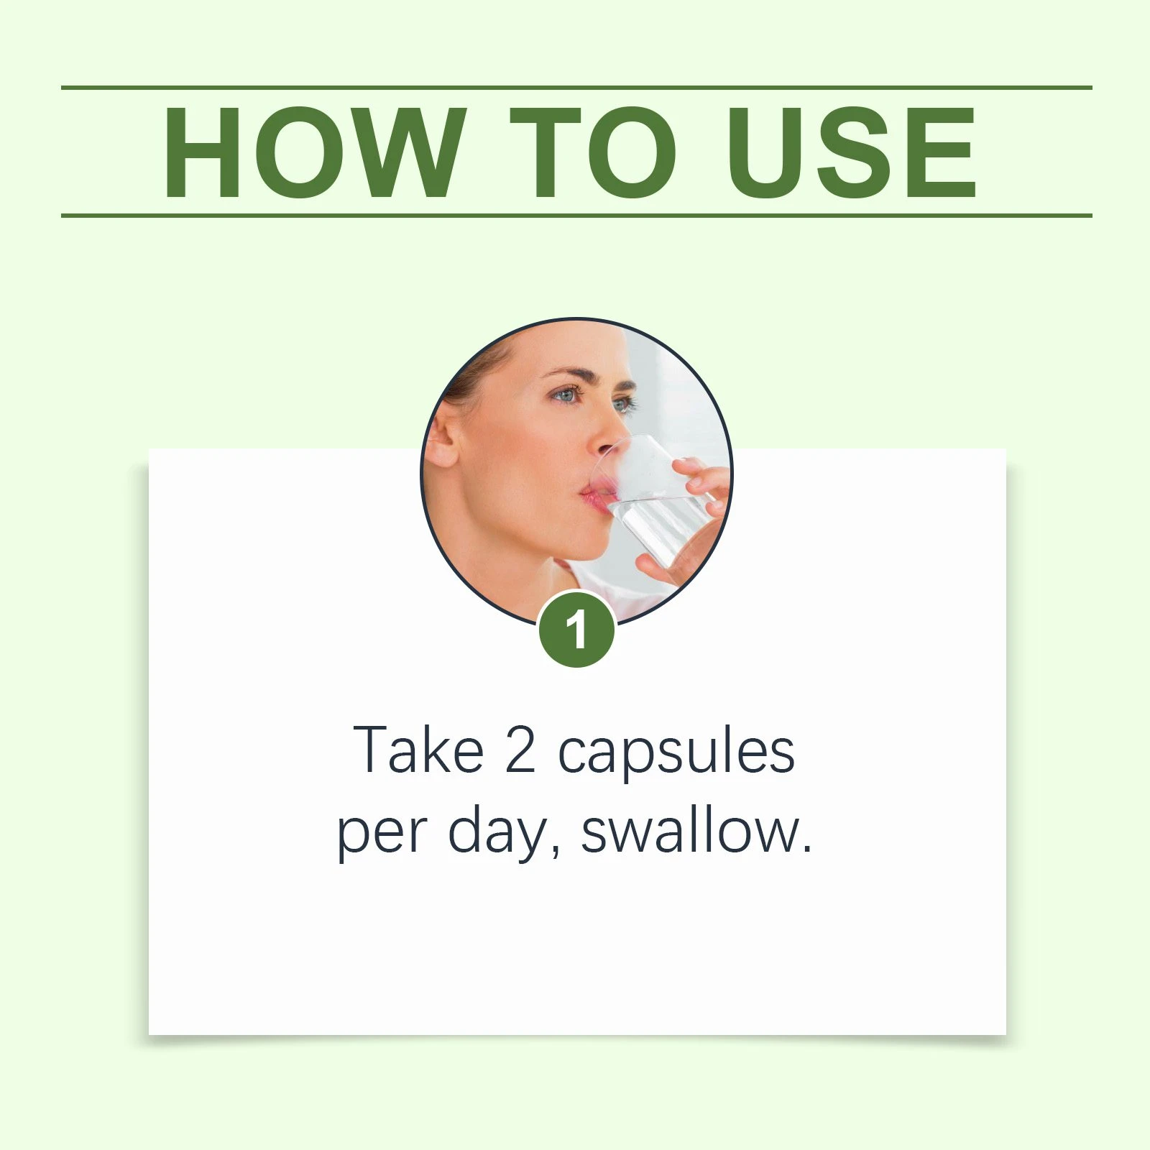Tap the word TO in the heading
point(594,152)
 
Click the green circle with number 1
point(576,630)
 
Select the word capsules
point(676,755)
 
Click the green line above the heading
point(576,88)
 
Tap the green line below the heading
point(576,215)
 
